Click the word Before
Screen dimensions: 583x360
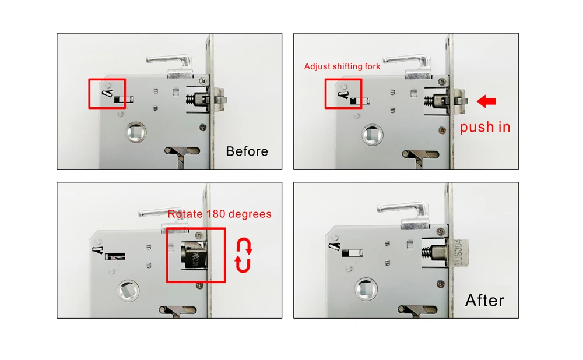coord(247,151)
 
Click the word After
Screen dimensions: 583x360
coord(484,300)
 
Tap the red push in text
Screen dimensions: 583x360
coord(485,127)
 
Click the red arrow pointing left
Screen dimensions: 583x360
coord(486,101)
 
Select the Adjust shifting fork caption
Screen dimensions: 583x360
coord(342,66)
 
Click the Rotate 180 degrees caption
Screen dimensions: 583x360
coord(219,214)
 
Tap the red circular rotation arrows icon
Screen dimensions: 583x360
coord(244,255)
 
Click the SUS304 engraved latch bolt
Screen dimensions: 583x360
coord(459,253)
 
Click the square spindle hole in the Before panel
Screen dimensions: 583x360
coord(136,132)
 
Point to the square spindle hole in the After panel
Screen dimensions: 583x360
coord(366,289)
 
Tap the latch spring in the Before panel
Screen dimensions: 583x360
coord(191,100)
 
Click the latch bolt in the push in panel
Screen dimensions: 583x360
coord(459,101)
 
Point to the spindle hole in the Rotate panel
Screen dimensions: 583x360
coord(128,291)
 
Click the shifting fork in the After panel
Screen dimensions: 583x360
coord(335,246)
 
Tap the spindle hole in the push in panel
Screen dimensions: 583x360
coord(373,135)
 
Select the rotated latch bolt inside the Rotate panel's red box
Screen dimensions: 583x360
coord(194,255)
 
